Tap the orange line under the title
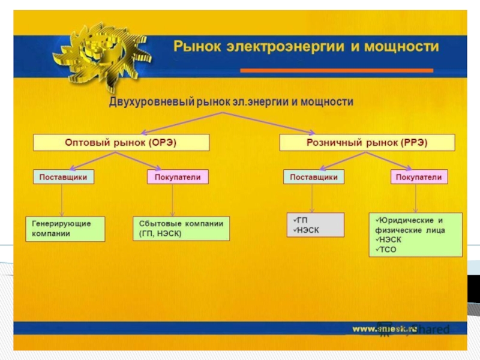pyautogui.click(x=336, y=70)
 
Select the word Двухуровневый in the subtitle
pyautogui.click(x=149, y=103)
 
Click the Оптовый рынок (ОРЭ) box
pyautogui.click(x=121, y=143)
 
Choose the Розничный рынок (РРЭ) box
pyautogui.click(x=367, y=143)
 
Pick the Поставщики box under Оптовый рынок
pyautogui.click(x=63, y=178)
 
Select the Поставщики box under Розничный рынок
pyautogui.click(x=314, y=178)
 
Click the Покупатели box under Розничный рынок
pyautogui.click(x=419, y=178)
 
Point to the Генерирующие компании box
pyautogui.click(x=65, y=229)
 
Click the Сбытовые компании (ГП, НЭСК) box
pyautogui.click(x=180, y=229)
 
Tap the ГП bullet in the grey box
pyautogui.click(x=299, y=220)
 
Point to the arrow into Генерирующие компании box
pyautogui.click(x=63, y=201)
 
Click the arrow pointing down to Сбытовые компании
pyautogui.click(x=173, y=201)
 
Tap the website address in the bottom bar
pyautogui.click(x=384, y=328)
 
